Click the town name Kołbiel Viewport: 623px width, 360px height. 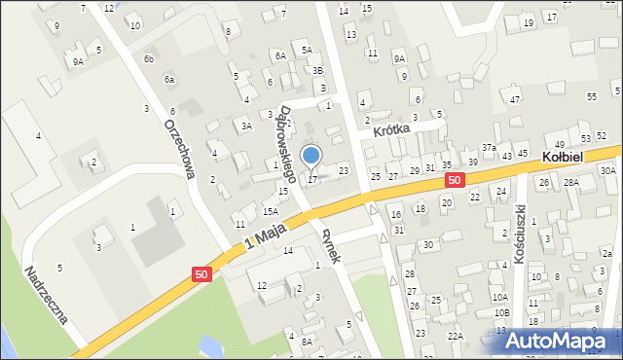562,157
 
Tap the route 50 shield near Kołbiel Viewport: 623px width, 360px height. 455,180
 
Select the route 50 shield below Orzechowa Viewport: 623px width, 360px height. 201,275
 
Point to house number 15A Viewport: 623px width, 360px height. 270,211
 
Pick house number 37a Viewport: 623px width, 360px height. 489,147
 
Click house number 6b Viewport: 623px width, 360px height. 149,59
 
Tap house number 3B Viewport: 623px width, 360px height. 317,70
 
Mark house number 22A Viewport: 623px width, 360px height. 455,336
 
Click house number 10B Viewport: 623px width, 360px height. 501,312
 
